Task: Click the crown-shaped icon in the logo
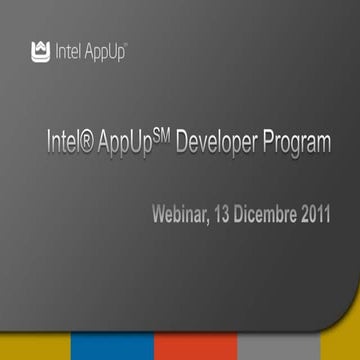coord(41,48)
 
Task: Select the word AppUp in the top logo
coord(101,49)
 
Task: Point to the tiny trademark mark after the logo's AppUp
coord(126,44)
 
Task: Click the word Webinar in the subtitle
coord(186,215)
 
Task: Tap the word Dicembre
coord(281,215)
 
